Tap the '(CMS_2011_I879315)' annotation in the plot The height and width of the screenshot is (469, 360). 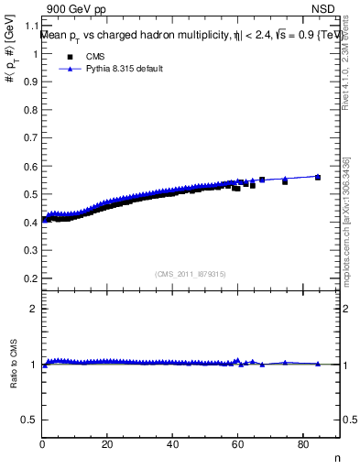(x=190, y=274)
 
